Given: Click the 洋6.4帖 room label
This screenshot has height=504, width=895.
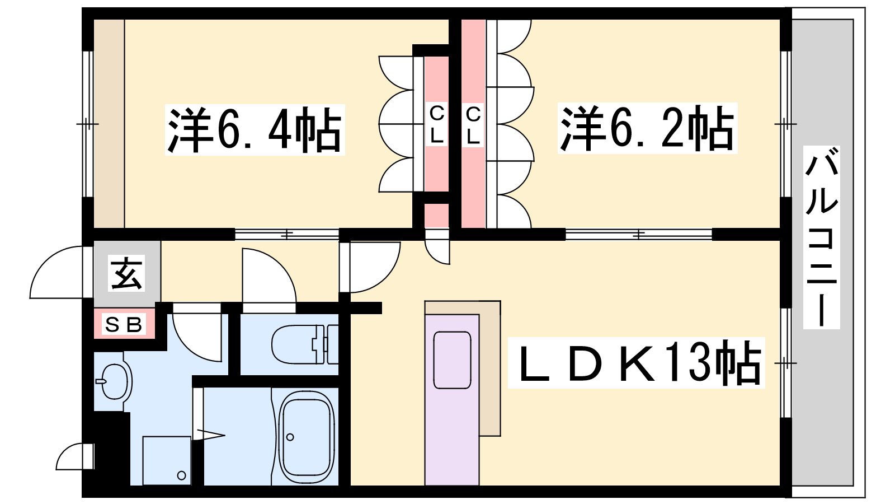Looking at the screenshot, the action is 255,130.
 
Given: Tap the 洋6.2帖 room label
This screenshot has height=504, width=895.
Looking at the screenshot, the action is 647,128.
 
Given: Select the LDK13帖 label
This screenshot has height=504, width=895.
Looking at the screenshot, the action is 636,363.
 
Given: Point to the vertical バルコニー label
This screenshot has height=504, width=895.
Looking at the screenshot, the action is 822,237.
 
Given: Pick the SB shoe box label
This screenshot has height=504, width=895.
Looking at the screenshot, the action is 124,324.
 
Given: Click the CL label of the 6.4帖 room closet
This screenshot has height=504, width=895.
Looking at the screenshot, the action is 437,124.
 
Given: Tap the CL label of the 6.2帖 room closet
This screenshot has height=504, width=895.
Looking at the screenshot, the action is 473,124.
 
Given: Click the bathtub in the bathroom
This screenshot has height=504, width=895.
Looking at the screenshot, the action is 307,437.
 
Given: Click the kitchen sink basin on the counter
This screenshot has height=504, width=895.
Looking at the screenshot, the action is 453,360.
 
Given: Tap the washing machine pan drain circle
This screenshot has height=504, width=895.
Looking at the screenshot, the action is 181,475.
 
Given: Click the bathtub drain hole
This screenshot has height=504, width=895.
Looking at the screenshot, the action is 290,437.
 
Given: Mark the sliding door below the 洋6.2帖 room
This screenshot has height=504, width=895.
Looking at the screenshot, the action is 638,235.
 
